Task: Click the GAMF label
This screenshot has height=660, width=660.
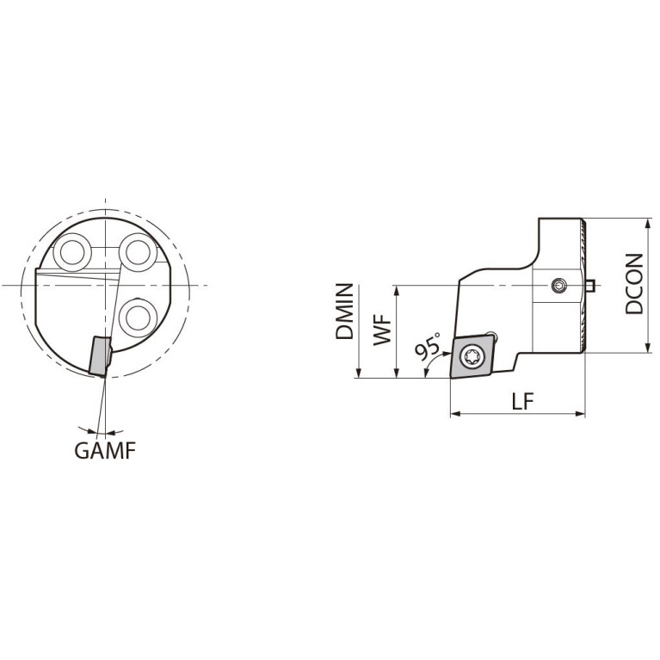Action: click(x=105, y=451)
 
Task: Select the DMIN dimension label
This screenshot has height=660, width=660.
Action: click(x=344, y=311)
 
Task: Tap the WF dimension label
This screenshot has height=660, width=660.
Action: click(x=383, y=331)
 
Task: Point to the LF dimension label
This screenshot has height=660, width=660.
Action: click(x=522, y=402)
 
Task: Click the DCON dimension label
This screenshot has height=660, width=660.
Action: click(x=634, y=284)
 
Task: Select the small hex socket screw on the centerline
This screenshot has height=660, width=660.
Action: click(x=559, y=287)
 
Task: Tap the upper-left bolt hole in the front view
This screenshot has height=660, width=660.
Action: click(x=72, y=252)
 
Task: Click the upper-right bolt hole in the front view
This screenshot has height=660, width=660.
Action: click(x=139, y=252)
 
